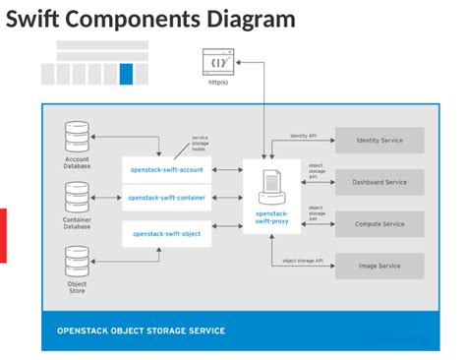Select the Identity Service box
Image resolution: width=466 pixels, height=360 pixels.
(379, 141)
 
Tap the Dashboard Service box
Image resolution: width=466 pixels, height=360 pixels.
(379, 182)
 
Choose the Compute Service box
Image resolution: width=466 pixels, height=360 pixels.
(379, 224)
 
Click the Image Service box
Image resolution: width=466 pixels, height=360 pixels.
(379, 266)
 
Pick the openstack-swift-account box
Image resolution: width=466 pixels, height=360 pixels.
(167, 169)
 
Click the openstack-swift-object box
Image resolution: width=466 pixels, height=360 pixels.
(167, 234)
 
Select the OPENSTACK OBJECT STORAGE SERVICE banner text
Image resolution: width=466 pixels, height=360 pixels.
(141, 330)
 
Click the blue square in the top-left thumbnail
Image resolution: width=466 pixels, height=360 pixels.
(126, 74)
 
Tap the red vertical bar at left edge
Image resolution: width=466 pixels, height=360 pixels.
(3, 235)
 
